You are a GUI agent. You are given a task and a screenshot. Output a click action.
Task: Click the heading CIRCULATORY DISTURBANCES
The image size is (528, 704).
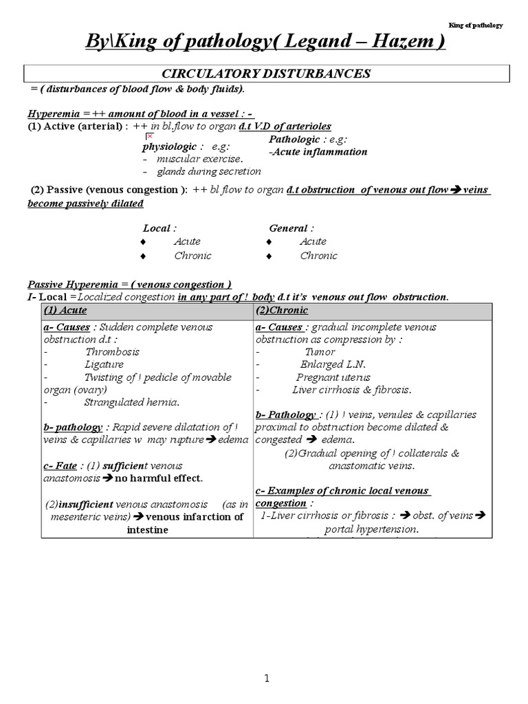tap(266, 74)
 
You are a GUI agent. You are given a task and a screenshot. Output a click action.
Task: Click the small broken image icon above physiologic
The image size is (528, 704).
tap(148, 137)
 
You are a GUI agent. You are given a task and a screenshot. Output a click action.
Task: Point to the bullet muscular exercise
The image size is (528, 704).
tap(200, 159)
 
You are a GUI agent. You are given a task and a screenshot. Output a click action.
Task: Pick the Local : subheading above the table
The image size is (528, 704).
tap(159, 228)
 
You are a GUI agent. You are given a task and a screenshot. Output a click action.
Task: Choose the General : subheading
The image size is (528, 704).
tap(291, 228)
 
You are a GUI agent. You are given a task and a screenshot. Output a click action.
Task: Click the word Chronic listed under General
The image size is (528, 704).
tap(318, 256)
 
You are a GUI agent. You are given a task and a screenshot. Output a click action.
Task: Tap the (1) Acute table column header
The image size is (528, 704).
tap(65, 311)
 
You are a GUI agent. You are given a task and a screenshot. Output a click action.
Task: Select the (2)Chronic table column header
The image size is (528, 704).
tap(282, 311)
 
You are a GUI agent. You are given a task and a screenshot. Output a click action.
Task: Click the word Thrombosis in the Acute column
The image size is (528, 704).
tap(112, 352)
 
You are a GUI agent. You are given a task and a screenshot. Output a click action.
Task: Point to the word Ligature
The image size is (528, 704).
tap(104, 364)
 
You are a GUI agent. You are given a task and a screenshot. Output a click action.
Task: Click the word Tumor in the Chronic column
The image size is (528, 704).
tap(320, 352)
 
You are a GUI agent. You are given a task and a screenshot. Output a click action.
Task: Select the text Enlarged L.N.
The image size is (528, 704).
tap(333, 364)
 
